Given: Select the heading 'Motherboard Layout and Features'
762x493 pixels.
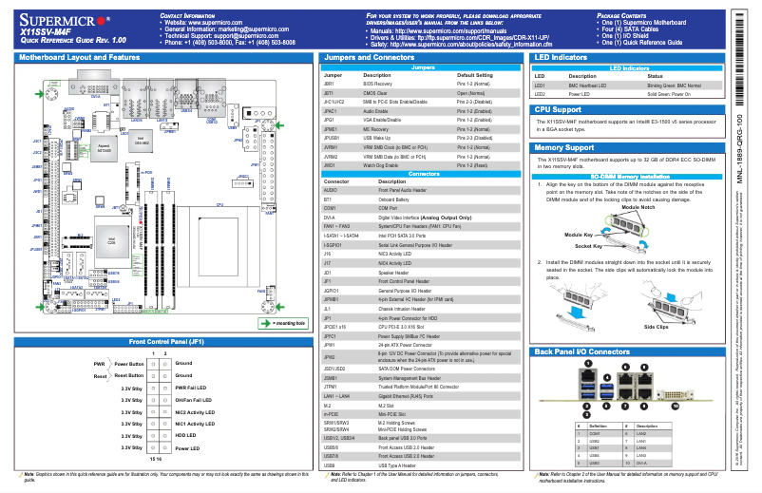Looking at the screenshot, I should (79, 58).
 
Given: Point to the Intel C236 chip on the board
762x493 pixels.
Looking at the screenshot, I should (111, 241).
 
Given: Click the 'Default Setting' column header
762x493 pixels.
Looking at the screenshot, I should (476, 74).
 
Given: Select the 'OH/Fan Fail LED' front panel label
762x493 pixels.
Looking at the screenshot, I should (194, 400).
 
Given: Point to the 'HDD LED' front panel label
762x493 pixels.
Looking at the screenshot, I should (186, 435).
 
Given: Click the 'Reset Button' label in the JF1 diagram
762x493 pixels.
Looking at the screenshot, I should (127, 375).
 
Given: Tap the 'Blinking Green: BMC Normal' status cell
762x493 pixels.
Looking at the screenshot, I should (679, 85).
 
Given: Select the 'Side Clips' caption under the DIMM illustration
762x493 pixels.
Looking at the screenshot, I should (656, 326).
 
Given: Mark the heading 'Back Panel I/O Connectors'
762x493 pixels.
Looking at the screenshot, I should (582, 351).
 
